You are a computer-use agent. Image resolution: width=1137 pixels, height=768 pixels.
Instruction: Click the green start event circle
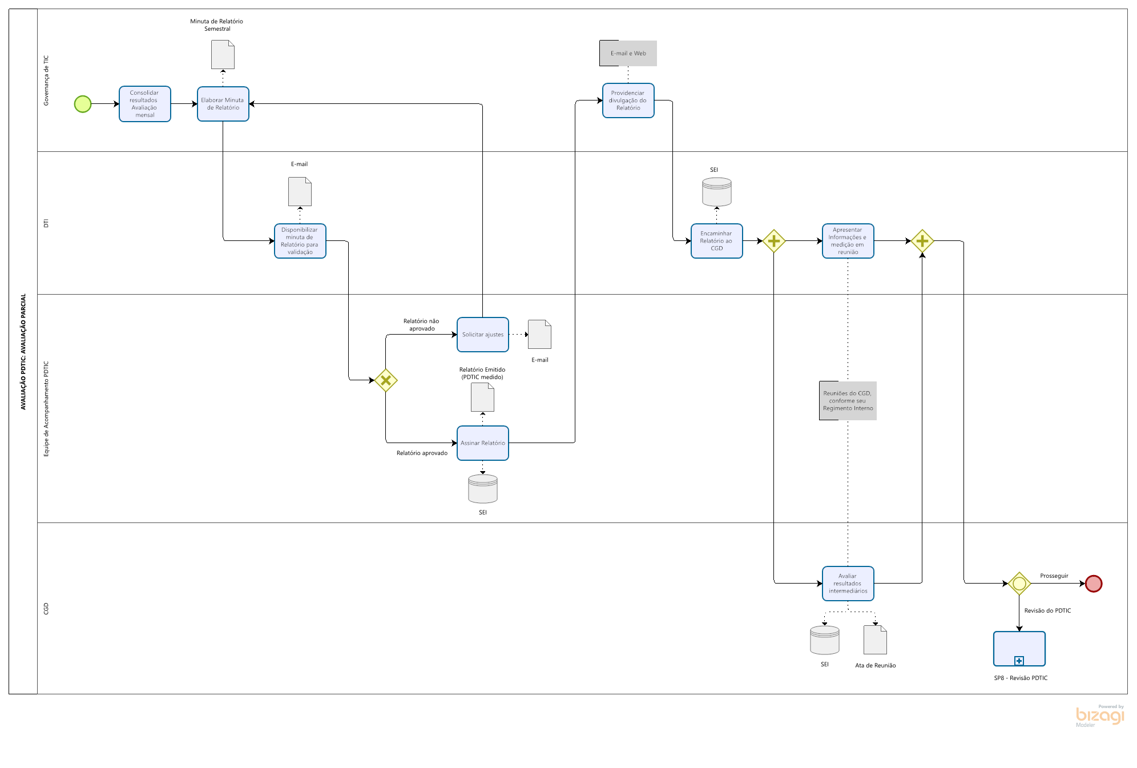tap(83, 104)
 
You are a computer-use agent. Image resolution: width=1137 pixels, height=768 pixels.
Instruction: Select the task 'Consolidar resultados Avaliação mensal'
tap(145, 104)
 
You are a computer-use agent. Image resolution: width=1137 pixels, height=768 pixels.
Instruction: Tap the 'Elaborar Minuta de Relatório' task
tap(223, 104)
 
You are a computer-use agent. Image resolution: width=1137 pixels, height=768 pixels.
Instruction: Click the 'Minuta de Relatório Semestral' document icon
tap(223, 55)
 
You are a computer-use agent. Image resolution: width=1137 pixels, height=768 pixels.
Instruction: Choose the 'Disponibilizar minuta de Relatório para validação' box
tap(300, 241)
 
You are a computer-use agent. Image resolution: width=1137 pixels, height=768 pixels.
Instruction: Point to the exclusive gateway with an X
tap(386, 380)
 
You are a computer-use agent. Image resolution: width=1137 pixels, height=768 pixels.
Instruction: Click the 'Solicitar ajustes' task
tap(483, 335)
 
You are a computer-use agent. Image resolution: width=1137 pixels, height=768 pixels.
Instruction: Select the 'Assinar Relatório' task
tap(483, 443)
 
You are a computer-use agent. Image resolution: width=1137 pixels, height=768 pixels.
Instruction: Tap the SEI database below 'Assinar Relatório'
tap(483, 489)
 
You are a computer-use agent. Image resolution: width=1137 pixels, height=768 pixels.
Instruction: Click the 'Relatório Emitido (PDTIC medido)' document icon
tap(483, 397)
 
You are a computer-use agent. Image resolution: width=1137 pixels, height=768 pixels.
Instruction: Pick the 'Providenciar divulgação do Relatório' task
tap(628, 100)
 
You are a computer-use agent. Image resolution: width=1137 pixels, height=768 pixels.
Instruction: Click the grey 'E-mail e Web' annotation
tap(628, 54)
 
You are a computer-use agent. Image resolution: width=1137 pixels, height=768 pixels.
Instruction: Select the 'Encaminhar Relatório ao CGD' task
tap(717, 241)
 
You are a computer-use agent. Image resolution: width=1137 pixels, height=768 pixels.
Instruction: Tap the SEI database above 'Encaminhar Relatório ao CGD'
tap(717, 192)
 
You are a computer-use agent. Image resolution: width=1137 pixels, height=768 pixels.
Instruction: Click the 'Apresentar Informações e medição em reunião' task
tap(848, 241)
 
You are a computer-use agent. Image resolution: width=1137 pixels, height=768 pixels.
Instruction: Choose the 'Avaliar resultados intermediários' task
tap(848, 584)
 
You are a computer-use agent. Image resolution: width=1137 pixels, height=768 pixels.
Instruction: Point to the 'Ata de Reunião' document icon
tap(876, 640)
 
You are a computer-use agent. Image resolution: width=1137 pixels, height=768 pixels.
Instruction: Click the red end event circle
tap(1094, 584)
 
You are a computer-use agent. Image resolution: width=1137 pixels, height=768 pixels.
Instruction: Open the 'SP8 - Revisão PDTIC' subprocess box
tap(1019, 649)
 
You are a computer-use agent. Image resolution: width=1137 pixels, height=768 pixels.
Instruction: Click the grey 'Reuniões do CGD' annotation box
tap(848, 401)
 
